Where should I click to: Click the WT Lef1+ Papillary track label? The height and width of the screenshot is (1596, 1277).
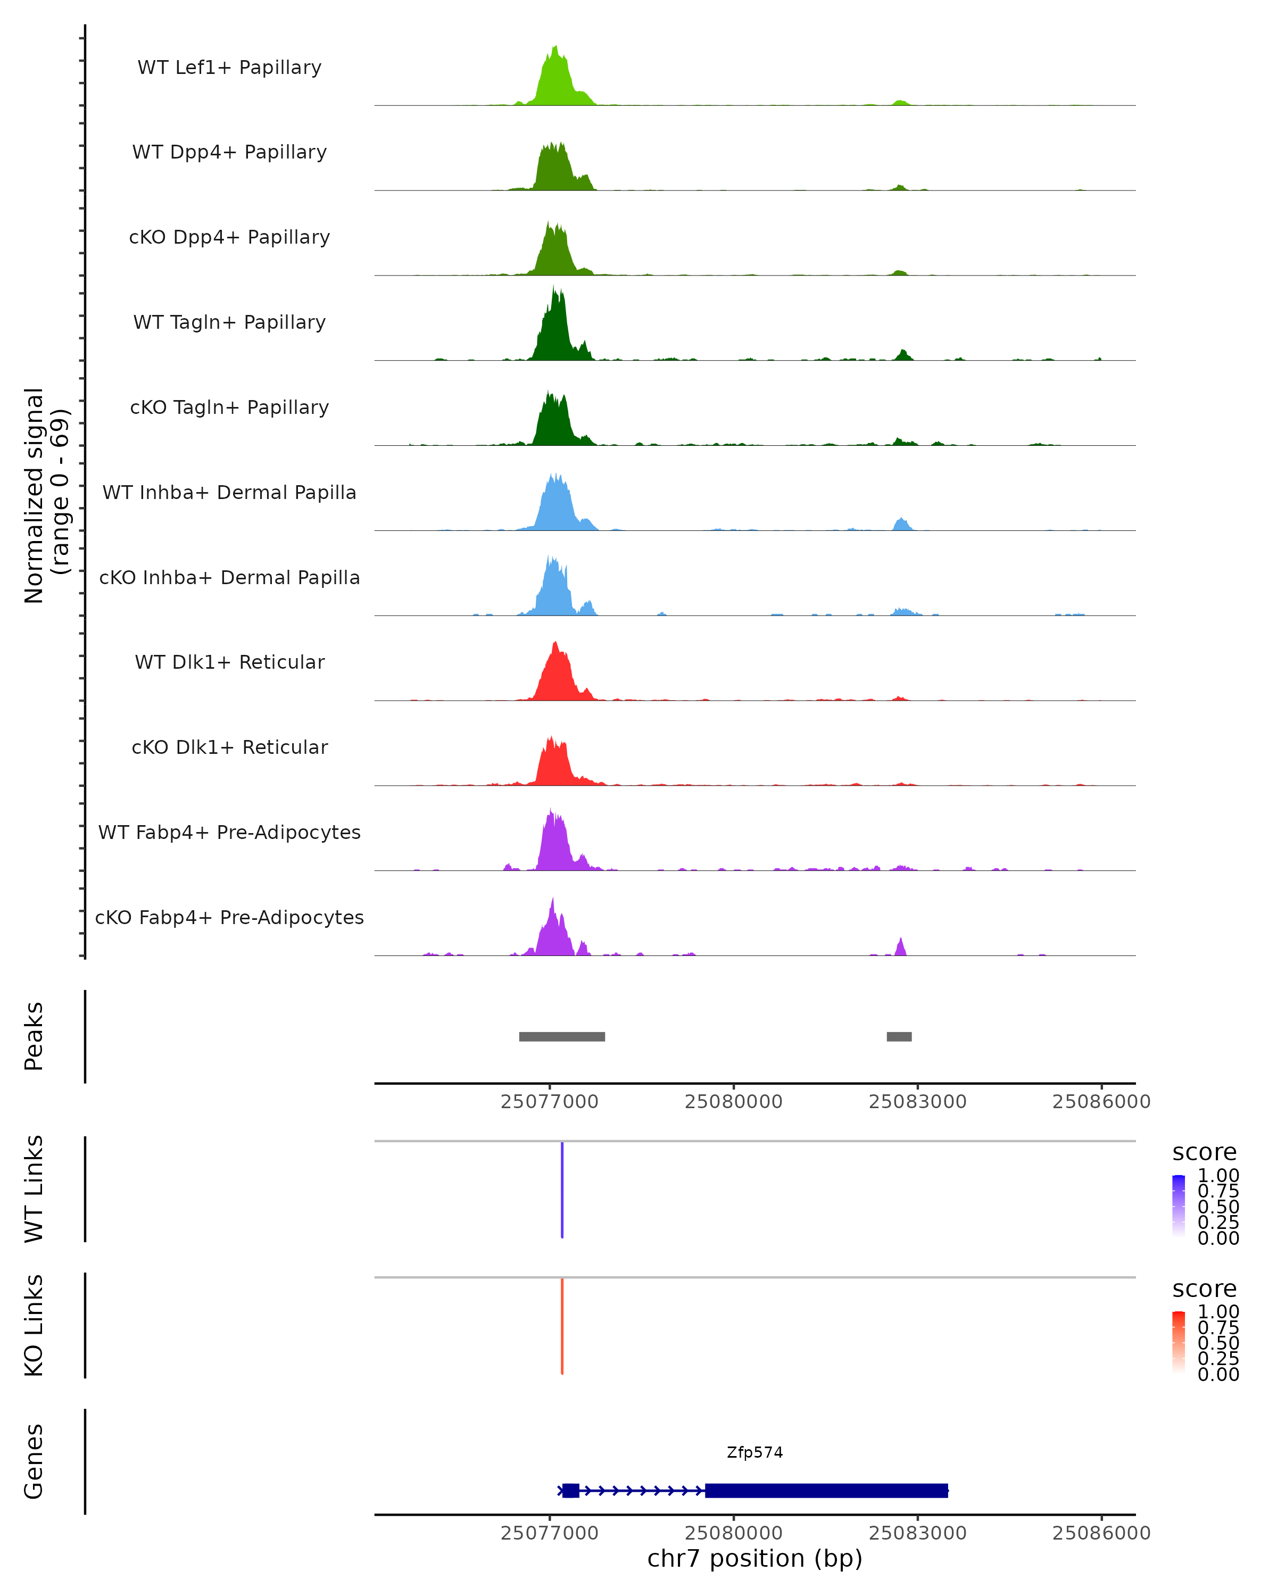click(x=229, y=68)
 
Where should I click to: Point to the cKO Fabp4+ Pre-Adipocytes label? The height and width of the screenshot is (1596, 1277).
click(x=229, y=917)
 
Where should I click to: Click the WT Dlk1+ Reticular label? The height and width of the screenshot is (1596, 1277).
click(x=229, y=662)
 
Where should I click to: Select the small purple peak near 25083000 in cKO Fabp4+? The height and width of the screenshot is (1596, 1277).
click(x=900, y=947)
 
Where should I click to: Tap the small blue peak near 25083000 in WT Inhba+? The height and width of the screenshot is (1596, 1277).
click(x=901, y=524)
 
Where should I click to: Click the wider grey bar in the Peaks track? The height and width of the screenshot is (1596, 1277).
click(x=562, y=1036)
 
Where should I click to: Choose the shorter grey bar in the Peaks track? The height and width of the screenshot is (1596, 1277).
click(x=899, y=1036)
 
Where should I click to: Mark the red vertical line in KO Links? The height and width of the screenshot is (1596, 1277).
click(x=562, y=1326)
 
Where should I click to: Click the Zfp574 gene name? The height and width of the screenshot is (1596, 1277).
click(x=754, y=1452)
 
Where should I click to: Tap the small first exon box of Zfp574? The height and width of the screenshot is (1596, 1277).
click(x=570, y=1490)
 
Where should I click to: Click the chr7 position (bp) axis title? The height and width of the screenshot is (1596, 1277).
click(x=754, y=1558)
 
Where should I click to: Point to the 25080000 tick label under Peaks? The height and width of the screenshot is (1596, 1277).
click(x=733, y=1102)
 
